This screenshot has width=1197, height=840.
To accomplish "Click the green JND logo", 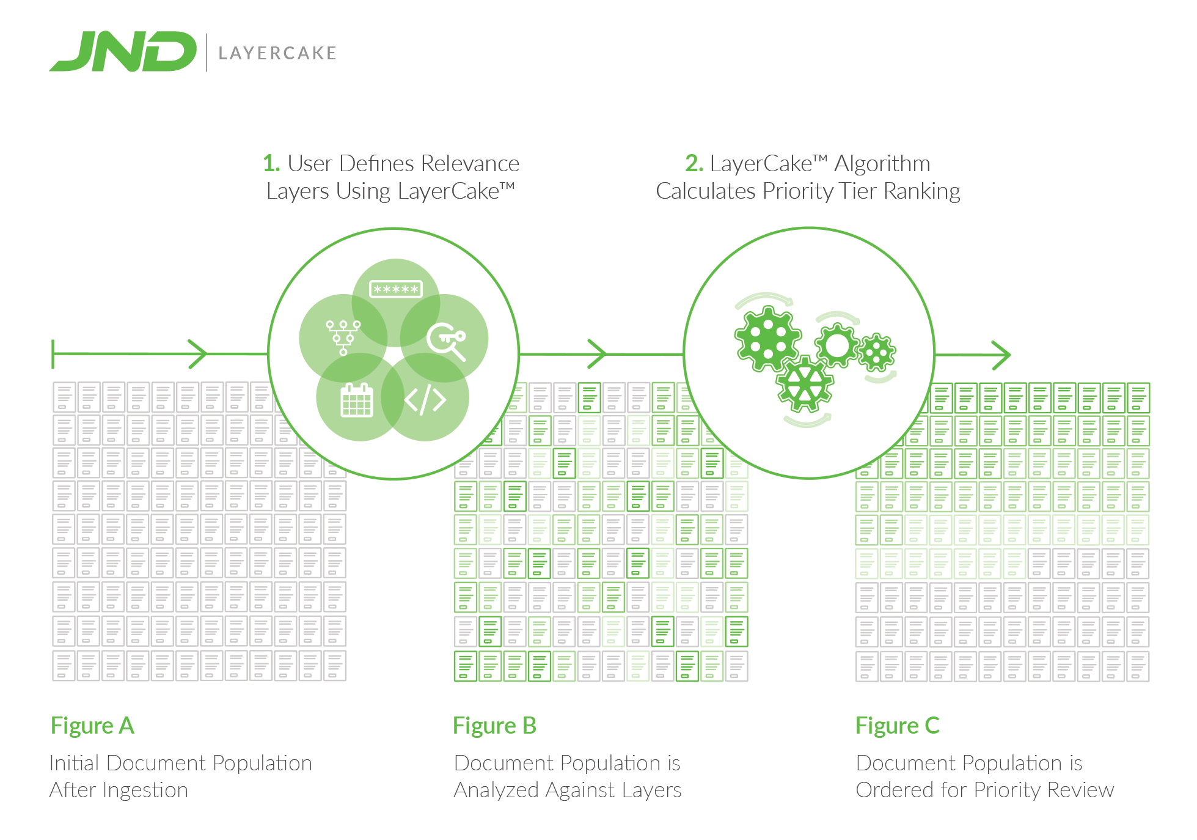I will coord(123,52).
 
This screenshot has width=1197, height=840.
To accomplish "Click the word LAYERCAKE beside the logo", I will coord(277,53).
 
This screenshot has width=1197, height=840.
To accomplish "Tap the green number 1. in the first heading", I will coord(271,164).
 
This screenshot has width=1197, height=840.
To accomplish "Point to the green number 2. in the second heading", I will coord(694,164).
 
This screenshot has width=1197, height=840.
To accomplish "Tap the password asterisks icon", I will coord(396,289).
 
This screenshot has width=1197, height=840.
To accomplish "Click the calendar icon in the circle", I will coord(357,400).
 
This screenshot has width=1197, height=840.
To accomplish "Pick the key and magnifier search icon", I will coord(447,341).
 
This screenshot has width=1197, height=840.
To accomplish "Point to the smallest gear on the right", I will coord(877,353).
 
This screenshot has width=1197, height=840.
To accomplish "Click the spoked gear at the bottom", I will coord(805,384).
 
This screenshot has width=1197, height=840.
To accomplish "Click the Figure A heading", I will coord(92,726).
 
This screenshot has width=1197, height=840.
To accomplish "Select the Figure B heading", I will coord(494,726).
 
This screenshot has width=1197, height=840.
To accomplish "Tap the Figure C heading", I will coord(897,726).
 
